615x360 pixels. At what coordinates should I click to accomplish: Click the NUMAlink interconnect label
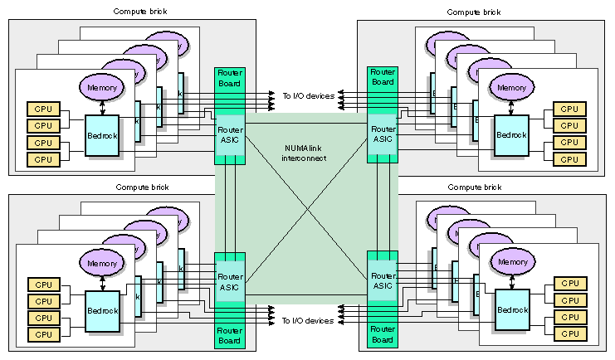[x=307, y=152]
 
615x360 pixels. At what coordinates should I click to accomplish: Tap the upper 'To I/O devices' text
[x=308, y=96]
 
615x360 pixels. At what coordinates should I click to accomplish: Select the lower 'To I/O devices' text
[x=308, y=320]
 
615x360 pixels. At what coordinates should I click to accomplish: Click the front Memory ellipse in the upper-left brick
[x=101, y=87]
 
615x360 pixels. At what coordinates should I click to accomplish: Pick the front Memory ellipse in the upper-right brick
[x=512, y=87]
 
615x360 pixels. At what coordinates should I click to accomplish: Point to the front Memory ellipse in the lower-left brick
[x=101, y=263]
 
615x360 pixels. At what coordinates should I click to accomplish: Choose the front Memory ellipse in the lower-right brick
[x=512, y=263]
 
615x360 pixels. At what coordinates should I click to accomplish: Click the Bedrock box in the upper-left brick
[x=103, y=134]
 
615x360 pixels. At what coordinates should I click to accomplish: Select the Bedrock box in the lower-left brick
[x=103, y=310]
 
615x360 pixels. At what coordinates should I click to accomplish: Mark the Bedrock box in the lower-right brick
[x=512, y=310]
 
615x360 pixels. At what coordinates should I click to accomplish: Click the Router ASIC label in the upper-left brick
[x=230, y=134]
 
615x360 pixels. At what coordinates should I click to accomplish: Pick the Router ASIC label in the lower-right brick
[x=383, y=280]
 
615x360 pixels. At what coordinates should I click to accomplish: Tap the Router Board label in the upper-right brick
[x=383, y=77]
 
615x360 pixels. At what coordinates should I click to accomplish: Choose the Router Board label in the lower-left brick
[x=230, y=336]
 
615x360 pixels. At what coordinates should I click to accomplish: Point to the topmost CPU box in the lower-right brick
[x=569, y=285]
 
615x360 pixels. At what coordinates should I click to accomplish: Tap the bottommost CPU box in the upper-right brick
[x=569, y=158]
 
